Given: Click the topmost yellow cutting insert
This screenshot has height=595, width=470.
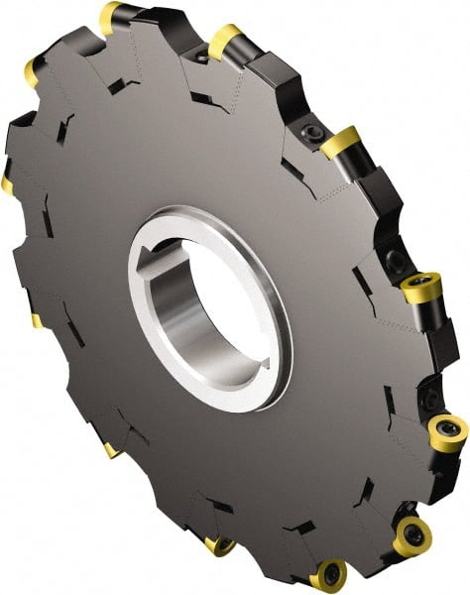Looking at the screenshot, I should pyautogui.click(x=110, y=16).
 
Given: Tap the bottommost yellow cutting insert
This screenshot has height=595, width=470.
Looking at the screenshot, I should pyautogui.click(x=328, y=574).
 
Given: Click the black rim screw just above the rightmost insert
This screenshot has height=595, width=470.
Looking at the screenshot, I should pyautogui.click(x=395, y=260).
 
